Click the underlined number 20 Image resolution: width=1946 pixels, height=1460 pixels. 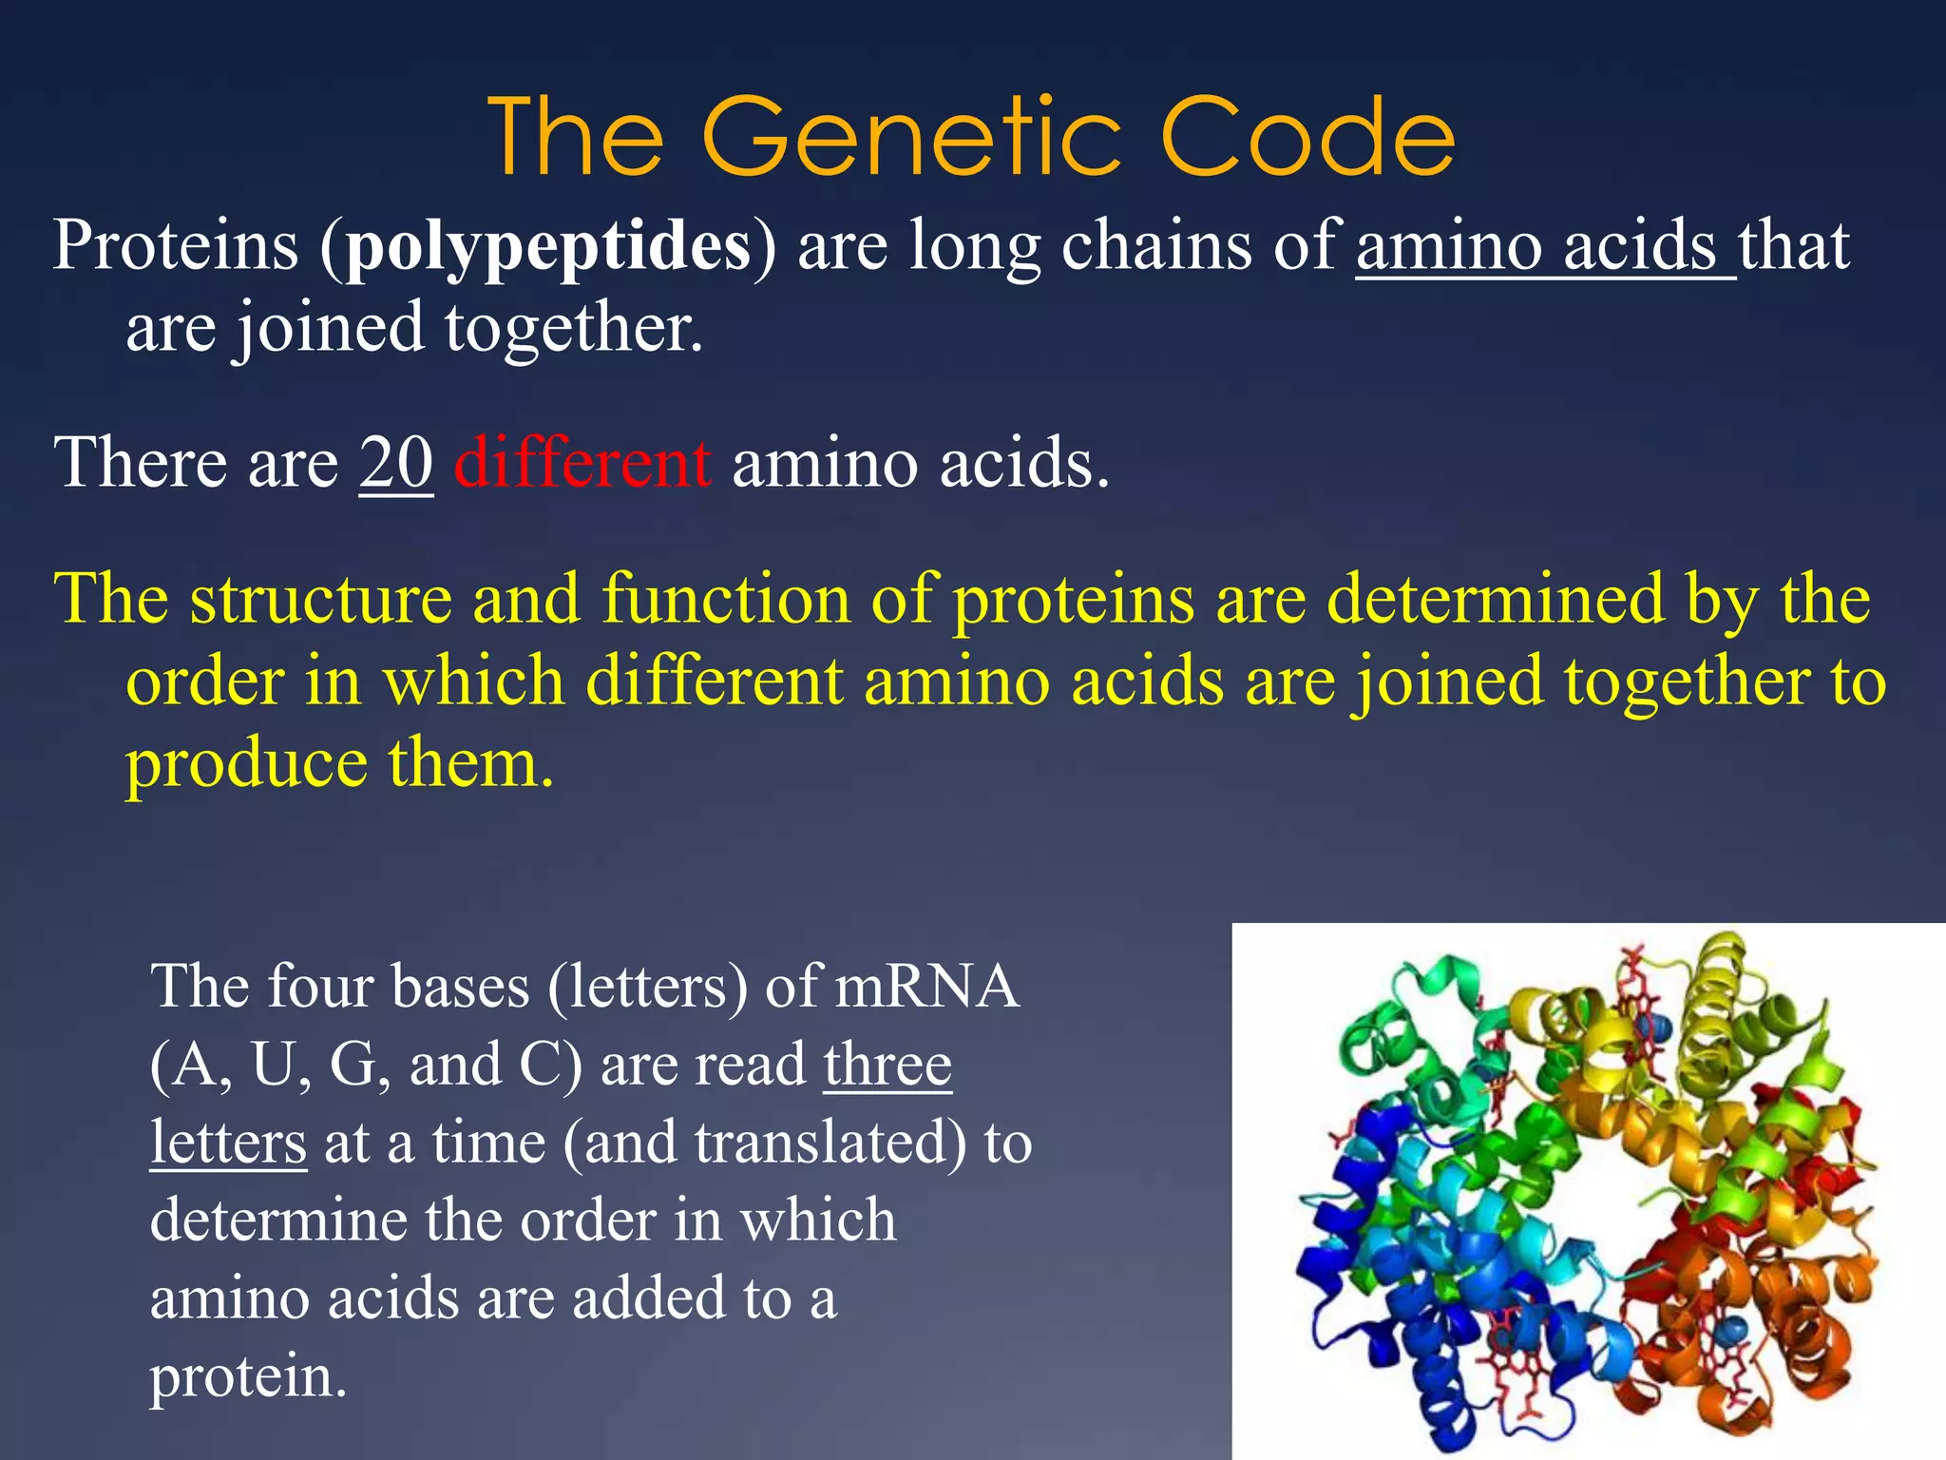point(396,463)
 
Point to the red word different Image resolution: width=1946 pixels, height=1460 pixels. point(582,463)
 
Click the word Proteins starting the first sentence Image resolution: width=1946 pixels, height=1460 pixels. point(176,245)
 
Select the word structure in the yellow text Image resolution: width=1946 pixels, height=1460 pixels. point(320,600)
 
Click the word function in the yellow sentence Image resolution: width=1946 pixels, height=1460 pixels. point(725,600)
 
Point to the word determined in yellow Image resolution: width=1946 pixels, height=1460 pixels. point(1495,600)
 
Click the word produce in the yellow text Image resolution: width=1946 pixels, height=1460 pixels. point(246,765)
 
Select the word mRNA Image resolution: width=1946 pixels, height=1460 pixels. point(926,986)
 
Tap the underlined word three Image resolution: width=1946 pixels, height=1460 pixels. point(887,1064)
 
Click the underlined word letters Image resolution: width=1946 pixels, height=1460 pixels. point(228,1142)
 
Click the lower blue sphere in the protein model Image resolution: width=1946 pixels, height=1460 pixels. point(1731,1330)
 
